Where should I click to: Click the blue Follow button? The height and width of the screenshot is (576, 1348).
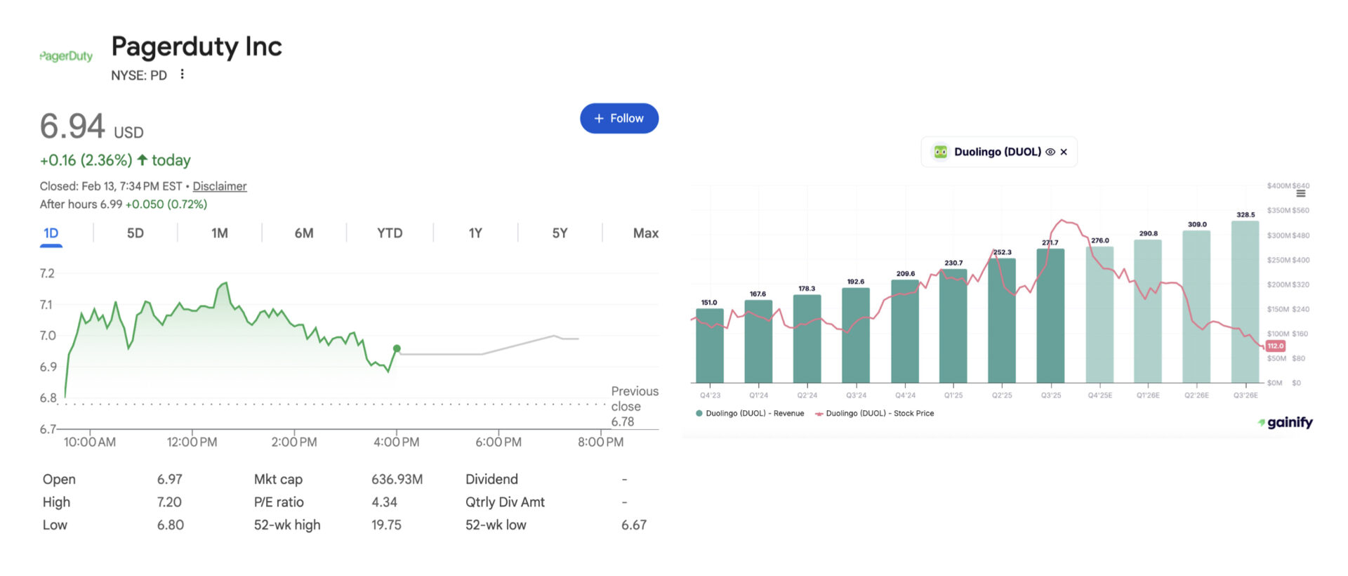[x=619, y=118]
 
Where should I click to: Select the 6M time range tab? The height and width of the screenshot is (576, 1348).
[x=303, y=233]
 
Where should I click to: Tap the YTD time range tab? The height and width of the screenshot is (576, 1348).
[x=390, y=233]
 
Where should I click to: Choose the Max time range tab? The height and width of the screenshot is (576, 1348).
[x=645, y=233]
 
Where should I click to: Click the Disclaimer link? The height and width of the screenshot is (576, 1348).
[x=219, y=186]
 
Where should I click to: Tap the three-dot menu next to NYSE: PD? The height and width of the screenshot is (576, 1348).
[x=182, y=74]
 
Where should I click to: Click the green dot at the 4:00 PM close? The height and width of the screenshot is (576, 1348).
[x=397, y=348]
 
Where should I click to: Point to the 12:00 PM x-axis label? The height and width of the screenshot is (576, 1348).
[x=192, y=443]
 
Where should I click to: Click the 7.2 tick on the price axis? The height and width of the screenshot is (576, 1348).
[x=47, y=273]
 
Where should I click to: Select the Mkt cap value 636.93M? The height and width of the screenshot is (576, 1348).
[x=397, y=479]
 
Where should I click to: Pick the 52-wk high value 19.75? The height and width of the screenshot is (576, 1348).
[x=386, y=525]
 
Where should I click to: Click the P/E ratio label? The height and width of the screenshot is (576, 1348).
[x=279, y=502]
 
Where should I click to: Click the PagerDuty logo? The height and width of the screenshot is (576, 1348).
[x=66, y=56]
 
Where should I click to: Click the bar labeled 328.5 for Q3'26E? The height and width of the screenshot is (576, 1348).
[x=1245, y=302]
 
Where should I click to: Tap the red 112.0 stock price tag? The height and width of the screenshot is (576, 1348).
[x=1275, y=346]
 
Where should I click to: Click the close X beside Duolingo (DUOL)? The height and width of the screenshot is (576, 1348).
[x=1064, y=152]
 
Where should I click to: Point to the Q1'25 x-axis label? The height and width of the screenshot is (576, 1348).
[x=953, y=395]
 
